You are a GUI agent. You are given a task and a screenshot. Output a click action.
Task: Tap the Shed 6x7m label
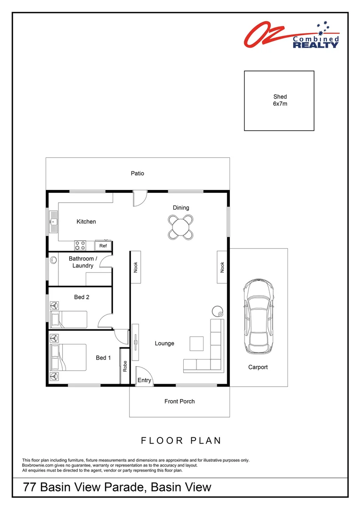[280, 100]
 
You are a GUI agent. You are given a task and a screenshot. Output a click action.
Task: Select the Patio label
[137, 173]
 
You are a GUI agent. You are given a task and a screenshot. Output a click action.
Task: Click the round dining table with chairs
[181, 226]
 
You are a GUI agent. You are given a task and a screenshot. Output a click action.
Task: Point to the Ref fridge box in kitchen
[103, 246]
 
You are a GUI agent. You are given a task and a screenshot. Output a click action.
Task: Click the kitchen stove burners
[80, 246]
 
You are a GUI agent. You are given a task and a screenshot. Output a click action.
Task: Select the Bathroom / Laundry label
[83, 262]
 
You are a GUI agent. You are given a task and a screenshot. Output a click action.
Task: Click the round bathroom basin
[53, 260]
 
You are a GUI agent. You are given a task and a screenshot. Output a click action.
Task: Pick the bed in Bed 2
[69, 320]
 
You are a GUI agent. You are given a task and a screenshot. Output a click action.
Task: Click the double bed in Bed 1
[69, 357]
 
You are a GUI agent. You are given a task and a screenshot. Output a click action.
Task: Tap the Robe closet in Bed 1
[125, 366]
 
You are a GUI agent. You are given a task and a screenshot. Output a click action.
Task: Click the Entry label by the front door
[145, 380]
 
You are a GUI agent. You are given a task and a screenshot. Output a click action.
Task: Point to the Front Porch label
[180, 401]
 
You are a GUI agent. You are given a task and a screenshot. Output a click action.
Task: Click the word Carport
[258, 367]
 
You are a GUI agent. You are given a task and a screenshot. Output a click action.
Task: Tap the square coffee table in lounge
[196, 344]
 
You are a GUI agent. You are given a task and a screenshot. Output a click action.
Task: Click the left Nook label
[135, 267]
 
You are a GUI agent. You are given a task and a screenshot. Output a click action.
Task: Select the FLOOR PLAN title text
[181, 441]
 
